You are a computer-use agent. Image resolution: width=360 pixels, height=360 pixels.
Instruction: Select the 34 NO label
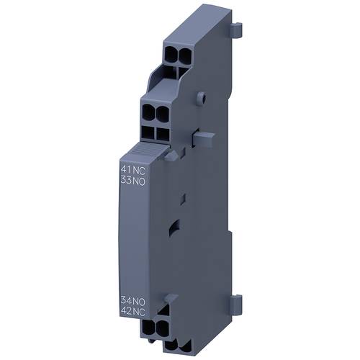(x=130, y=299)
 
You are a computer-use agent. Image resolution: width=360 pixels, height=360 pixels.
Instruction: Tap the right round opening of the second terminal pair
(x=163, y=113)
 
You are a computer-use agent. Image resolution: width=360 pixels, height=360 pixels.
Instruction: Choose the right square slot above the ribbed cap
(x=163, y=132)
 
